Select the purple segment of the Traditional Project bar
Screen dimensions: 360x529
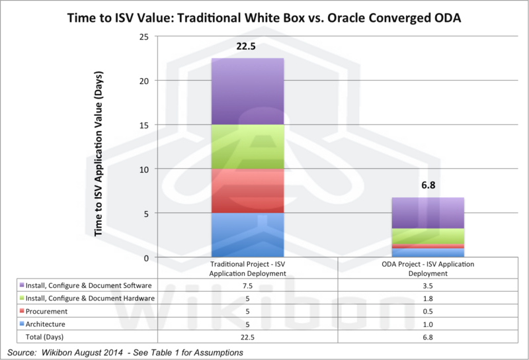point(247,91)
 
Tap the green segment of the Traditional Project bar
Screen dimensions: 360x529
point(247,146)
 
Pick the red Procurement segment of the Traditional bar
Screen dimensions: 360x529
point(247,191)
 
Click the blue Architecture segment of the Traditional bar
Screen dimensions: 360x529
point(247,235)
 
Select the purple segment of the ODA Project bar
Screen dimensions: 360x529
point(428,213)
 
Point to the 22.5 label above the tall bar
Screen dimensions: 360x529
point(247,47)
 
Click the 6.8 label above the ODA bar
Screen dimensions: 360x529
point(428,186)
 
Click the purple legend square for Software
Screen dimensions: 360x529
point(22,286)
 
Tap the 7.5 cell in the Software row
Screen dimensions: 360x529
point(247,286)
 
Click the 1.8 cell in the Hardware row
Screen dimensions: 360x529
point(428,298)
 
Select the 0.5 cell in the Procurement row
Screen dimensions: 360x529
point(428,311)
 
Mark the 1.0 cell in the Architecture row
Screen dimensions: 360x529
point(428,324)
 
